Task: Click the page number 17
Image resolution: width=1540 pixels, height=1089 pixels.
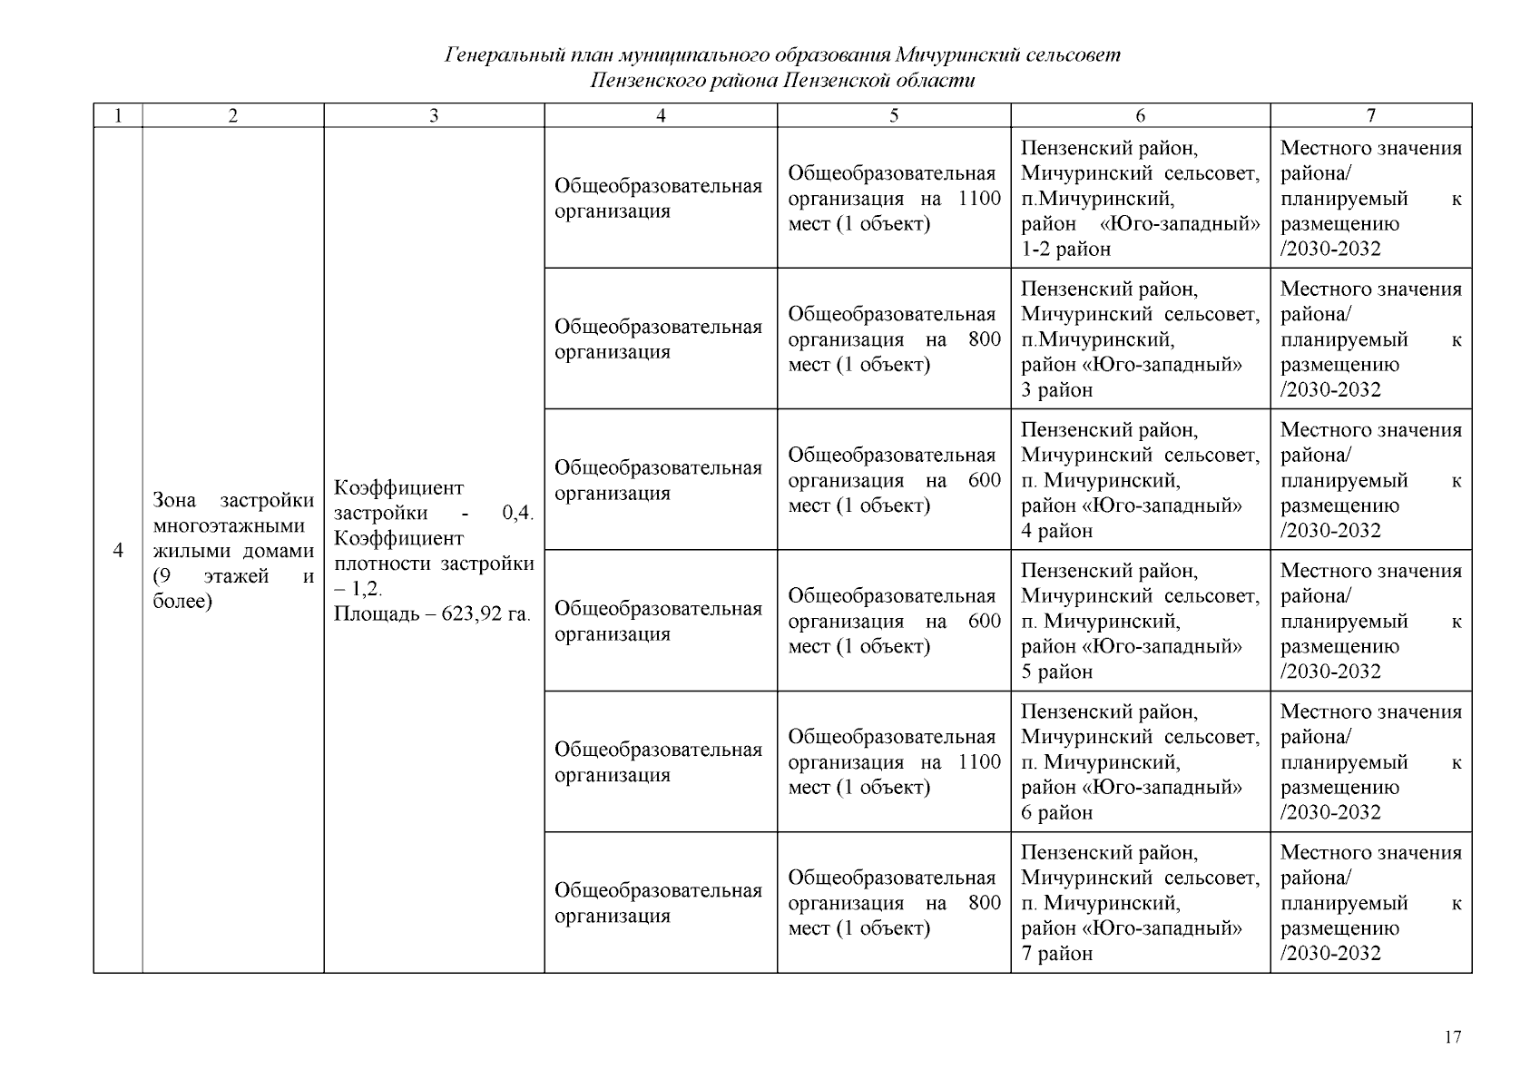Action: [x=1453, y=1037]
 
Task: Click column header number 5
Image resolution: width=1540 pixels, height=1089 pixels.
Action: [x=894, y=115]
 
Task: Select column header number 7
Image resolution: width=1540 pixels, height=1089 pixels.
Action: [x=1370, y=115]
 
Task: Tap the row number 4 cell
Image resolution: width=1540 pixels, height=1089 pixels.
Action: [x=118, y=551]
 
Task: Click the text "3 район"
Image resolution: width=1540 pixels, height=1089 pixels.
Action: [x=1056, y=390]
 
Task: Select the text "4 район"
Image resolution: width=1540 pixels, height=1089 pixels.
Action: [x=1056, y=531]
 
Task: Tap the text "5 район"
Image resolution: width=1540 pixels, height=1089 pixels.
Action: [x=1056, y=672]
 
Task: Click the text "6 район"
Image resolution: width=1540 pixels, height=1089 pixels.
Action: [x=1056, y=813]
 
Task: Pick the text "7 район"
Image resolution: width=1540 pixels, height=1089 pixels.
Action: [x=1056, y=954]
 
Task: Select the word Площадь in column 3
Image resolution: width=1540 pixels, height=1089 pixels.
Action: [x=372, y=614]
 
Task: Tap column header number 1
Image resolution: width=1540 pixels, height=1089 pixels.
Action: [x=118, y=115]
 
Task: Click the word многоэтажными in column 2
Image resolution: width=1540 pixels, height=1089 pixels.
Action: [x=229, y=526]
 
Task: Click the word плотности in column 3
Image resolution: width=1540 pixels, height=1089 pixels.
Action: [x=382, y=564]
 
